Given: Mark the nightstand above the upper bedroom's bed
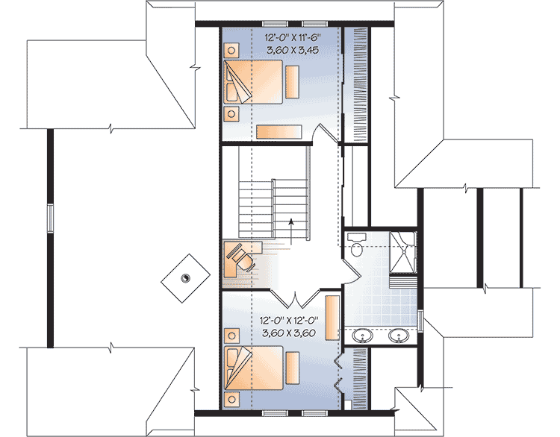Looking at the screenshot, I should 231,51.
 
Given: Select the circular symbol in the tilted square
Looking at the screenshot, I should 185,277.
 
